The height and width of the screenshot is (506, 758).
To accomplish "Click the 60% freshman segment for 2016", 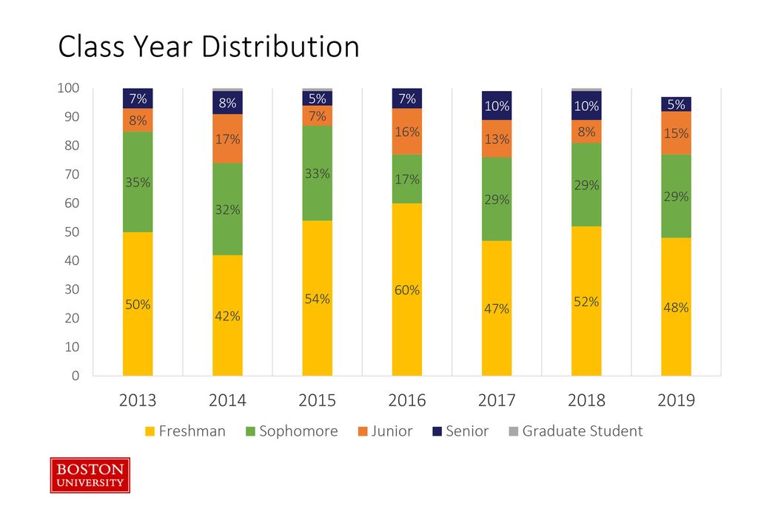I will click(x=407, y=289).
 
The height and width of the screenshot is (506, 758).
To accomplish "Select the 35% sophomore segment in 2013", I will click(x=138, y=182).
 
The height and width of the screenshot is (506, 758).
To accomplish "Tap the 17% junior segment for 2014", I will click(x=227, y=138).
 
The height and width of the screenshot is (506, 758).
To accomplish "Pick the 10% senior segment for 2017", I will click(x=497, y=106).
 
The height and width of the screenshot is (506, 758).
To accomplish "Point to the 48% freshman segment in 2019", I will click(x=676, y=307).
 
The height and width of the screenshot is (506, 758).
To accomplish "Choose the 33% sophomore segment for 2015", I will click(x=317, y=173).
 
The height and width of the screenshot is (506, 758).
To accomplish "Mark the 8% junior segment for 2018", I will click(x=586, y=132).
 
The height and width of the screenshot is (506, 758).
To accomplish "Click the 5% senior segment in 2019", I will click(x=676, y=104).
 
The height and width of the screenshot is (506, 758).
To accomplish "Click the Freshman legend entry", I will click(x=185, y=431).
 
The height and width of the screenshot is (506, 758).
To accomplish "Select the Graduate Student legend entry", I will click(x=575, y=431).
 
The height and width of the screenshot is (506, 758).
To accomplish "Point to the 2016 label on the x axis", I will click(x=407, y=400).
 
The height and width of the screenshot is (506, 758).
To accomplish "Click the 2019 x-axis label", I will click(x=676, y=400).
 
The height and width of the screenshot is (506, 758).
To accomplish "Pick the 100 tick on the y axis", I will click(x=69, y=89).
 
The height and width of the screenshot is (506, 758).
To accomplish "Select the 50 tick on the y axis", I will click(x=71, y=232).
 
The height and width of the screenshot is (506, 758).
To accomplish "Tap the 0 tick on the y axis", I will click(x=76, y=376).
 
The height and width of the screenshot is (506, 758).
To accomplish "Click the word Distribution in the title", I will click(x=281, y=47).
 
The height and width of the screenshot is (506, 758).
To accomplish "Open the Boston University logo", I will click(x=90, y=475).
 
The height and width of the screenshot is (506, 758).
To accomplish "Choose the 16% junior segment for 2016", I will click(x=407, y=132).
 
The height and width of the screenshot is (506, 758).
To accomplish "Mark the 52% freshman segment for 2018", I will click(x=586, y=301).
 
